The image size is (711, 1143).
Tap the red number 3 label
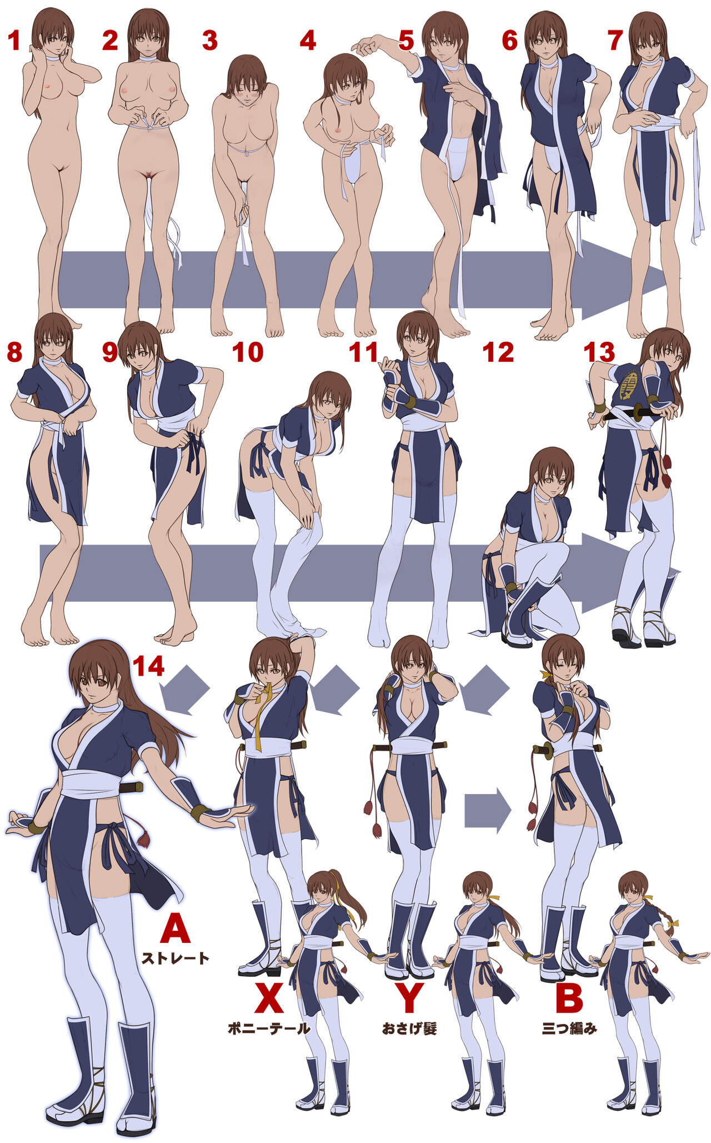pyautogui.click(x=209, y=41)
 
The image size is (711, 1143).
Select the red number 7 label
pyautogui.click(x=615, y=41)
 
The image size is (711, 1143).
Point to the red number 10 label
pyautogui.click(x=247, y=352)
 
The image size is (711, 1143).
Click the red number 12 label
pyautogui.click(x=498, y=352)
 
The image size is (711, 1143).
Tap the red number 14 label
pyautogui.click(x=148, y=666)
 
